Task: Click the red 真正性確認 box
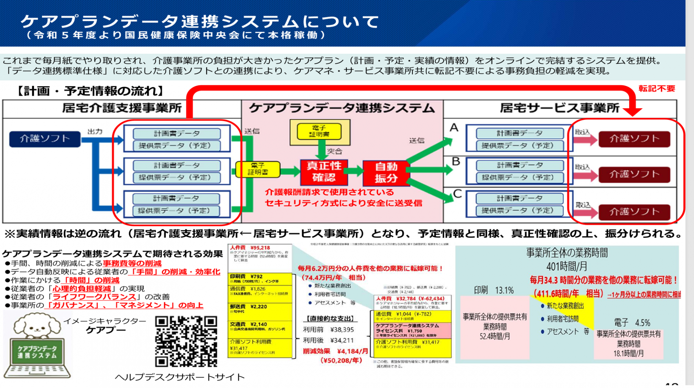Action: pos(324,172)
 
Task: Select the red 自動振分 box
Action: pos(386,173)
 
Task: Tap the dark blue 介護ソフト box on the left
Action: pos(45,139)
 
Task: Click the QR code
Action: pos(186,341)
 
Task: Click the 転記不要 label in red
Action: pos(656,89)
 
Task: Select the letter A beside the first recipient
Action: pos(454,128)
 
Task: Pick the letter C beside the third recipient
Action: pos(457,194)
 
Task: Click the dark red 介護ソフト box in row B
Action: pos(634,174)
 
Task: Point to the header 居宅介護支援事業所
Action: pos(122,108)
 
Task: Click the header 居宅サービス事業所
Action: pos(559,108)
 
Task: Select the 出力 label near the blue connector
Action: pos(95,131)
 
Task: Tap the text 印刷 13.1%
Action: pos(494,290)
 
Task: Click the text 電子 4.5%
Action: pos(632,322)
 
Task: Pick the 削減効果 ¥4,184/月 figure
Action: pos(335,351)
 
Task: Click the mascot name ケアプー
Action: pos(106,330)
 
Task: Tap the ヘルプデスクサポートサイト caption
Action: pos(180,377)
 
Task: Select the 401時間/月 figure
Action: pos(566,267)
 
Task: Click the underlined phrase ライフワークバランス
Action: pos(94,297)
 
